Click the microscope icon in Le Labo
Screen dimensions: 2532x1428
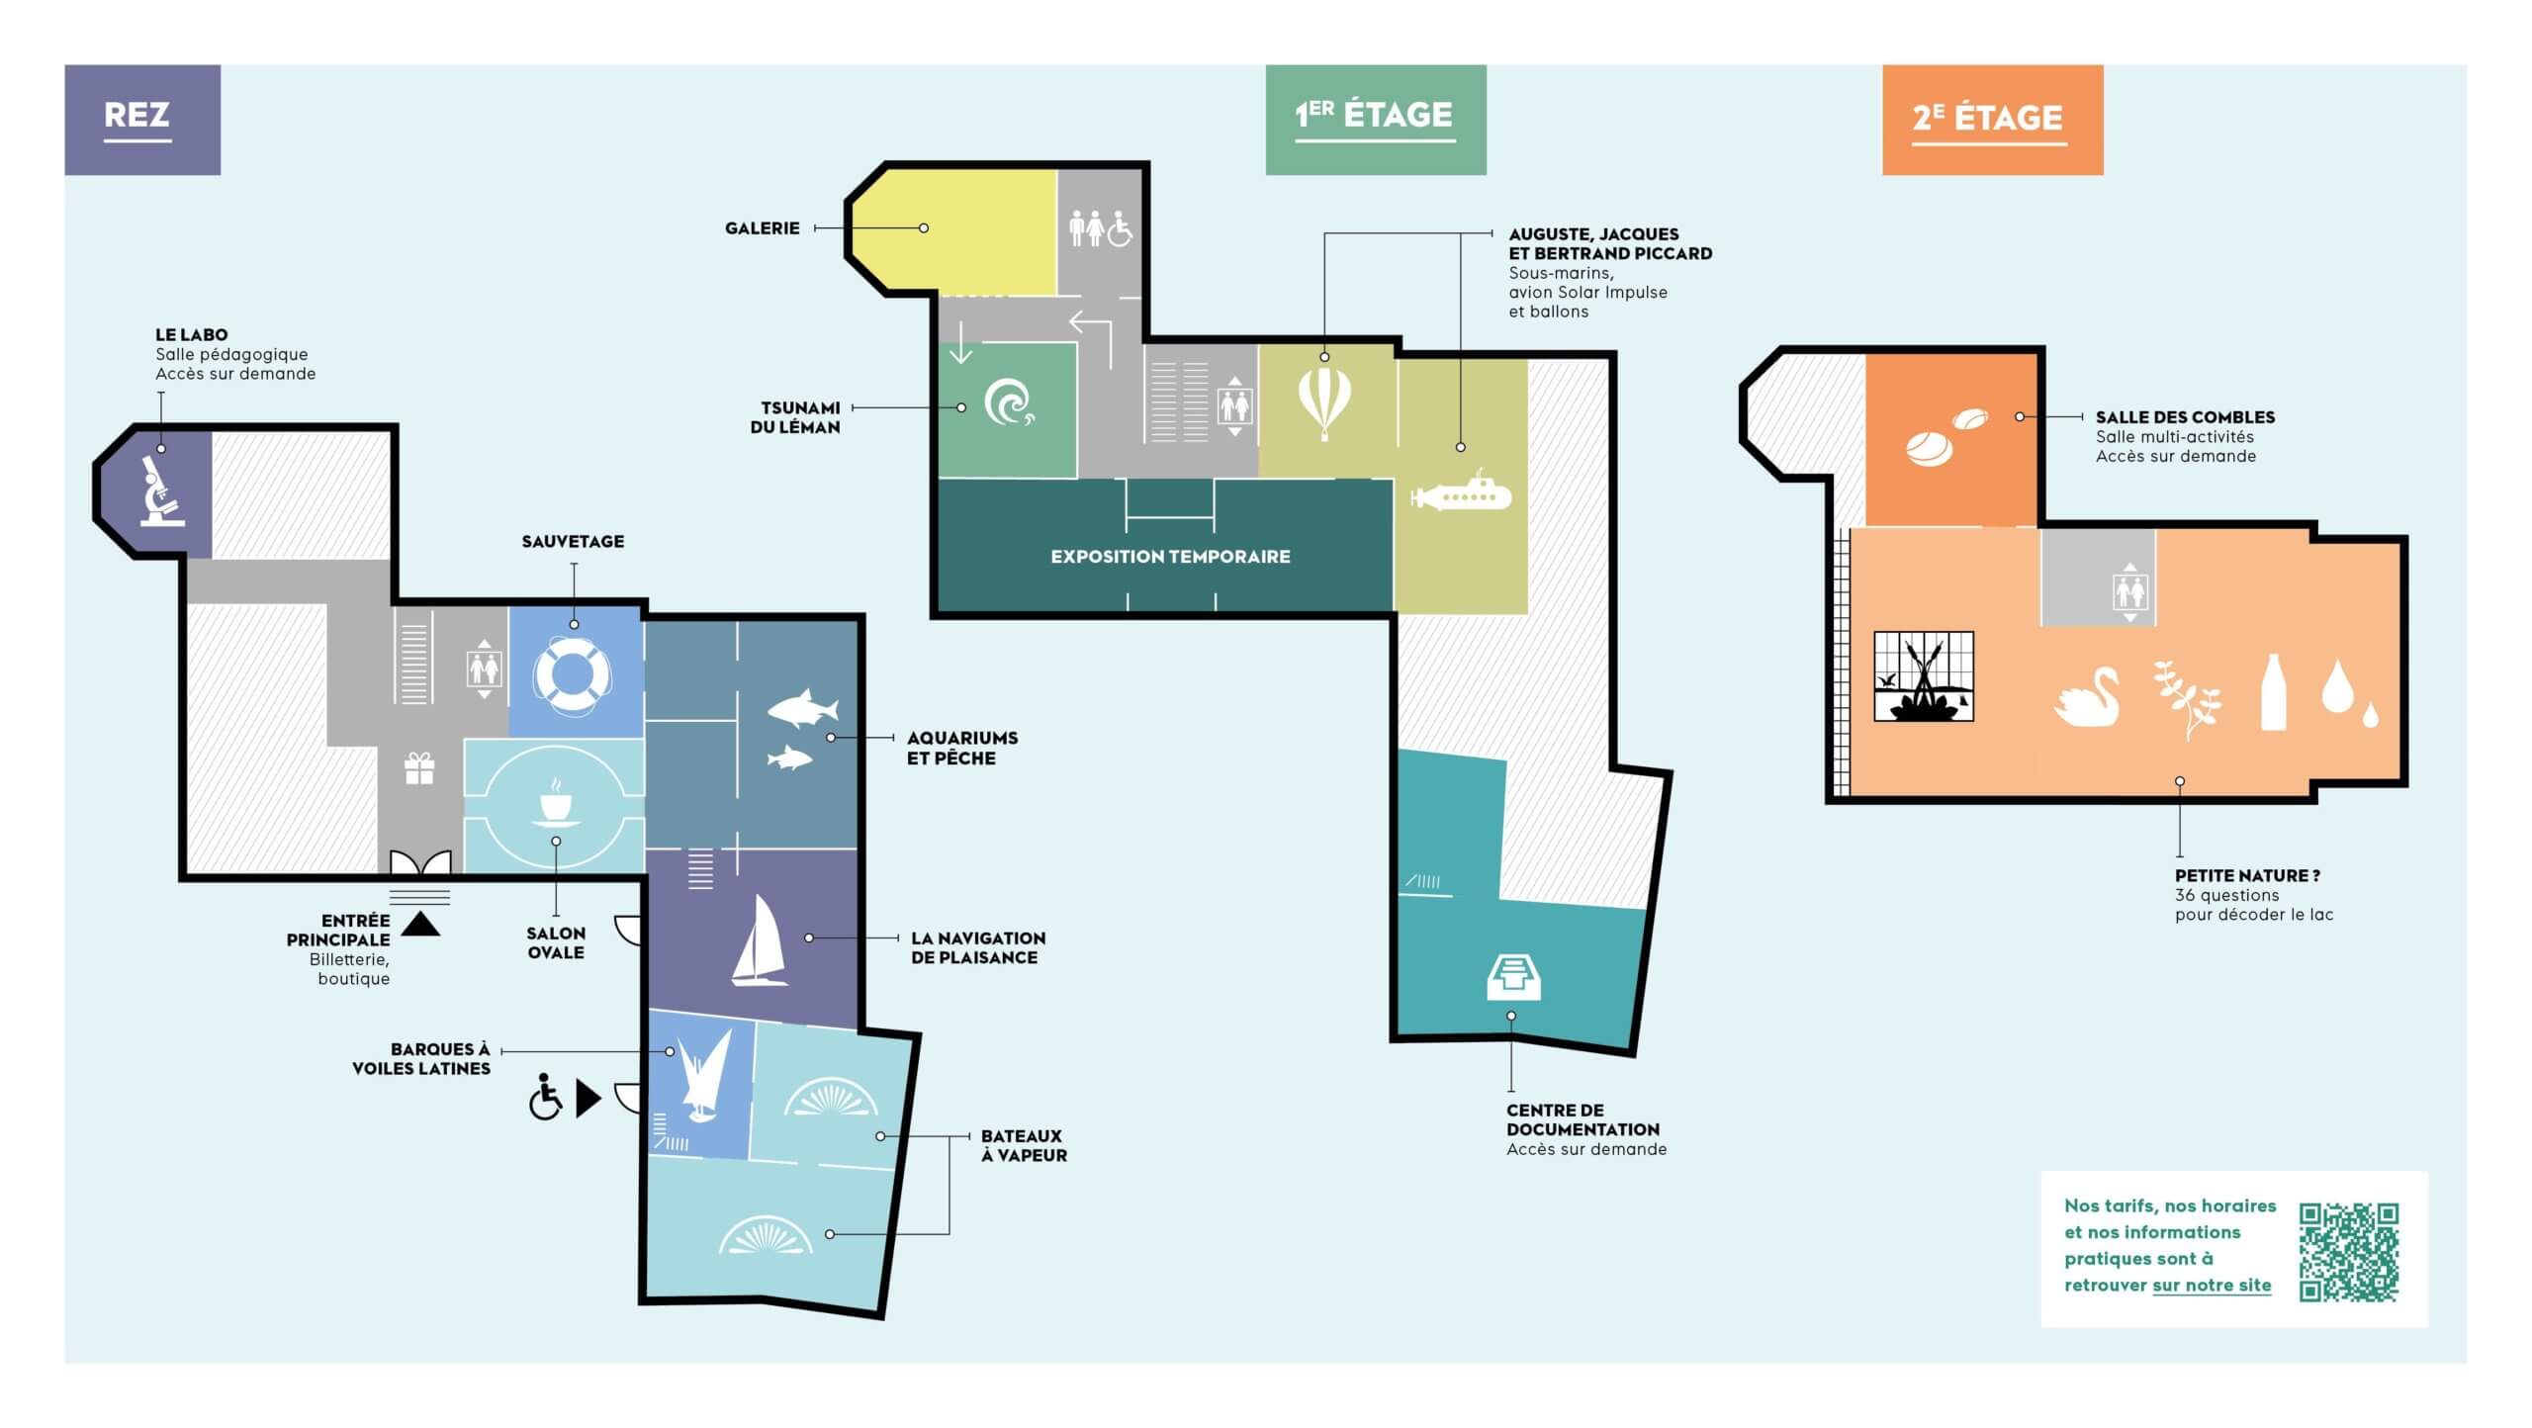click(161, 491)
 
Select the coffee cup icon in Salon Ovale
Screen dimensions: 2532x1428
click(555, 802)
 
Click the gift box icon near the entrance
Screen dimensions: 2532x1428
click(419, 768)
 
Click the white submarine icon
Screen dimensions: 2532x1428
click(1461, 491)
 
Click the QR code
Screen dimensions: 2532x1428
click(2348, 1251)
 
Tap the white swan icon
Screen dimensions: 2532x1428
click(2087, 697)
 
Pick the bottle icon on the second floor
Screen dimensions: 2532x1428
click(2274, 692)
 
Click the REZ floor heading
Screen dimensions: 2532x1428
click(137, 115)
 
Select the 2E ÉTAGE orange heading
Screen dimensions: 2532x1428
click(1988, 118)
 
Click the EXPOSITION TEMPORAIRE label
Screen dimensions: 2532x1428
click(1170, 557)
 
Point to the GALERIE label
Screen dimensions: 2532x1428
click(762, 228)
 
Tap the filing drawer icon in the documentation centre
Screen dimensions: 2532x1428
click(1513, 976)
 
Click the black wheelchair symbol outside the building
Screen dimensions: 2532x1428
click(545, 1097)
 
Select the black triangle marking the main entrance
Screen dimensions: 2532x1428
click(420, 924)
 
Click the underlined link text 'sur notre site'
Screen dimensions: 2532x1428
click(2212, 1286)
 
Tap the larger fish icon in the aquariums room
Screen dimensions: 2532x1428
click(803, 708)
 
